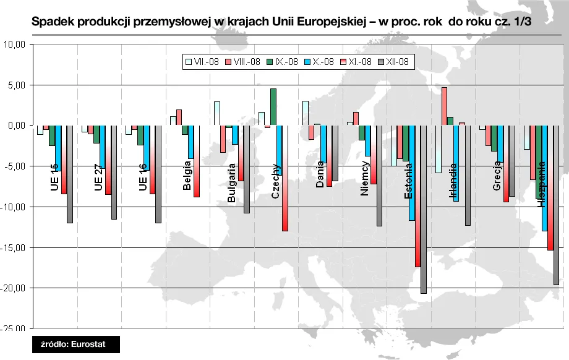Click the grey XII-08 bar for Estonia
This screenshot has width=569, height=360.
click(424, 209)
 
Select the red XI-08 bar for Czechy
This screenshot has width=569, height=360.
click(285, 178)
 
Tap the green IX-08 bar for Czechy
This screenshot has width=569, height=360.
click(273, 107)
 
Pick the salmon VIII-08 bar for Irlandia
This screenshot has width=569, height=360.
click(444, 106)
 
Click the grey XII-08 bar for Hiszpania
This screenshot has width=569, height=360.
click(557, 205)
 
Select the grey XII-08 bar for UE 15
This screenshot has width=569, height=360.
click(70, 174)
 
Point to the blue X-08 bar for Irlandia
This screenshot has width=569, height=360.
click(456, 163)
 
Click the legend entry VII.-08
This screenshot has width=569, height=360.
click(202, 62)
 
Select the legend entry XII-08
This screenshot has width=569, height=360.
click(394, 62)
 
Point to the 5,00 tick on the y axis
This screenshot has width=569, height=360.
click(15, 85)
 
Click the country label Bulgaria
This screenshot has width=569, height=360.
click(232, 182)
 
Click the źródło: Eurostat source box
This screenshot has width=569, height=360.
click(76, 344)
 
